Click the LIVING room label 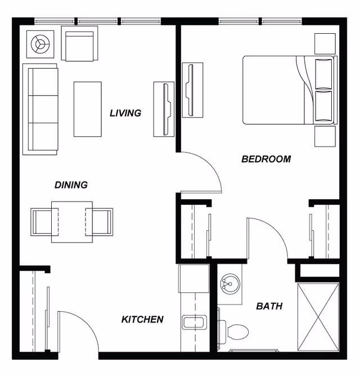point(125,113)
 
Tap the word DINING point(71,185)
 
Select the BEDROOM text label point(266,159)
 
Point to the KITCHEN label point(142,319)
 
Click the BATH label point(269,306)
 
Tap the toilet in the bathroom point(233,332)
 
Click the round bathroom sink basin point(230,284)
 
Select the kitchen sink point(195,322)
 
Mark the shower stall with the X point(318,317)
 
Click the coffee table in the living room point(88,109)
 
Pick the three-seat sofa point(40,109)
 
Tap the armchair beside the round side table point(79,43)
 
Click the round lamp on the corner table point(40,44)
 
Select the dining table point(72,222)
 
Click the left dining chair point(44,222)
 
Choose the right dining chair point(99,222)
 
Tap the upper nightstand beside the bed point(325,44)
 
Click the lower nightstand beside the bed point(325,136)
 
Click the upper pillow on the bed point(323,74)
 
